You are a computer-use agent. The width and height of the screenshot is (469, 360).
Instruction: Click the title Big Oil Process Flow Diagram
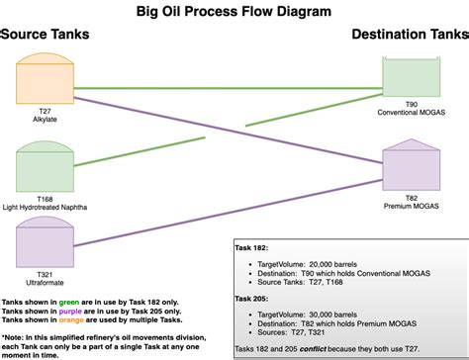coord(234,11)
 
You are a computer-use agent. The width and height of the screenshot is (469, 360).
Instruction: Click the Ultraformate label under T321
coord(45,283)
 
